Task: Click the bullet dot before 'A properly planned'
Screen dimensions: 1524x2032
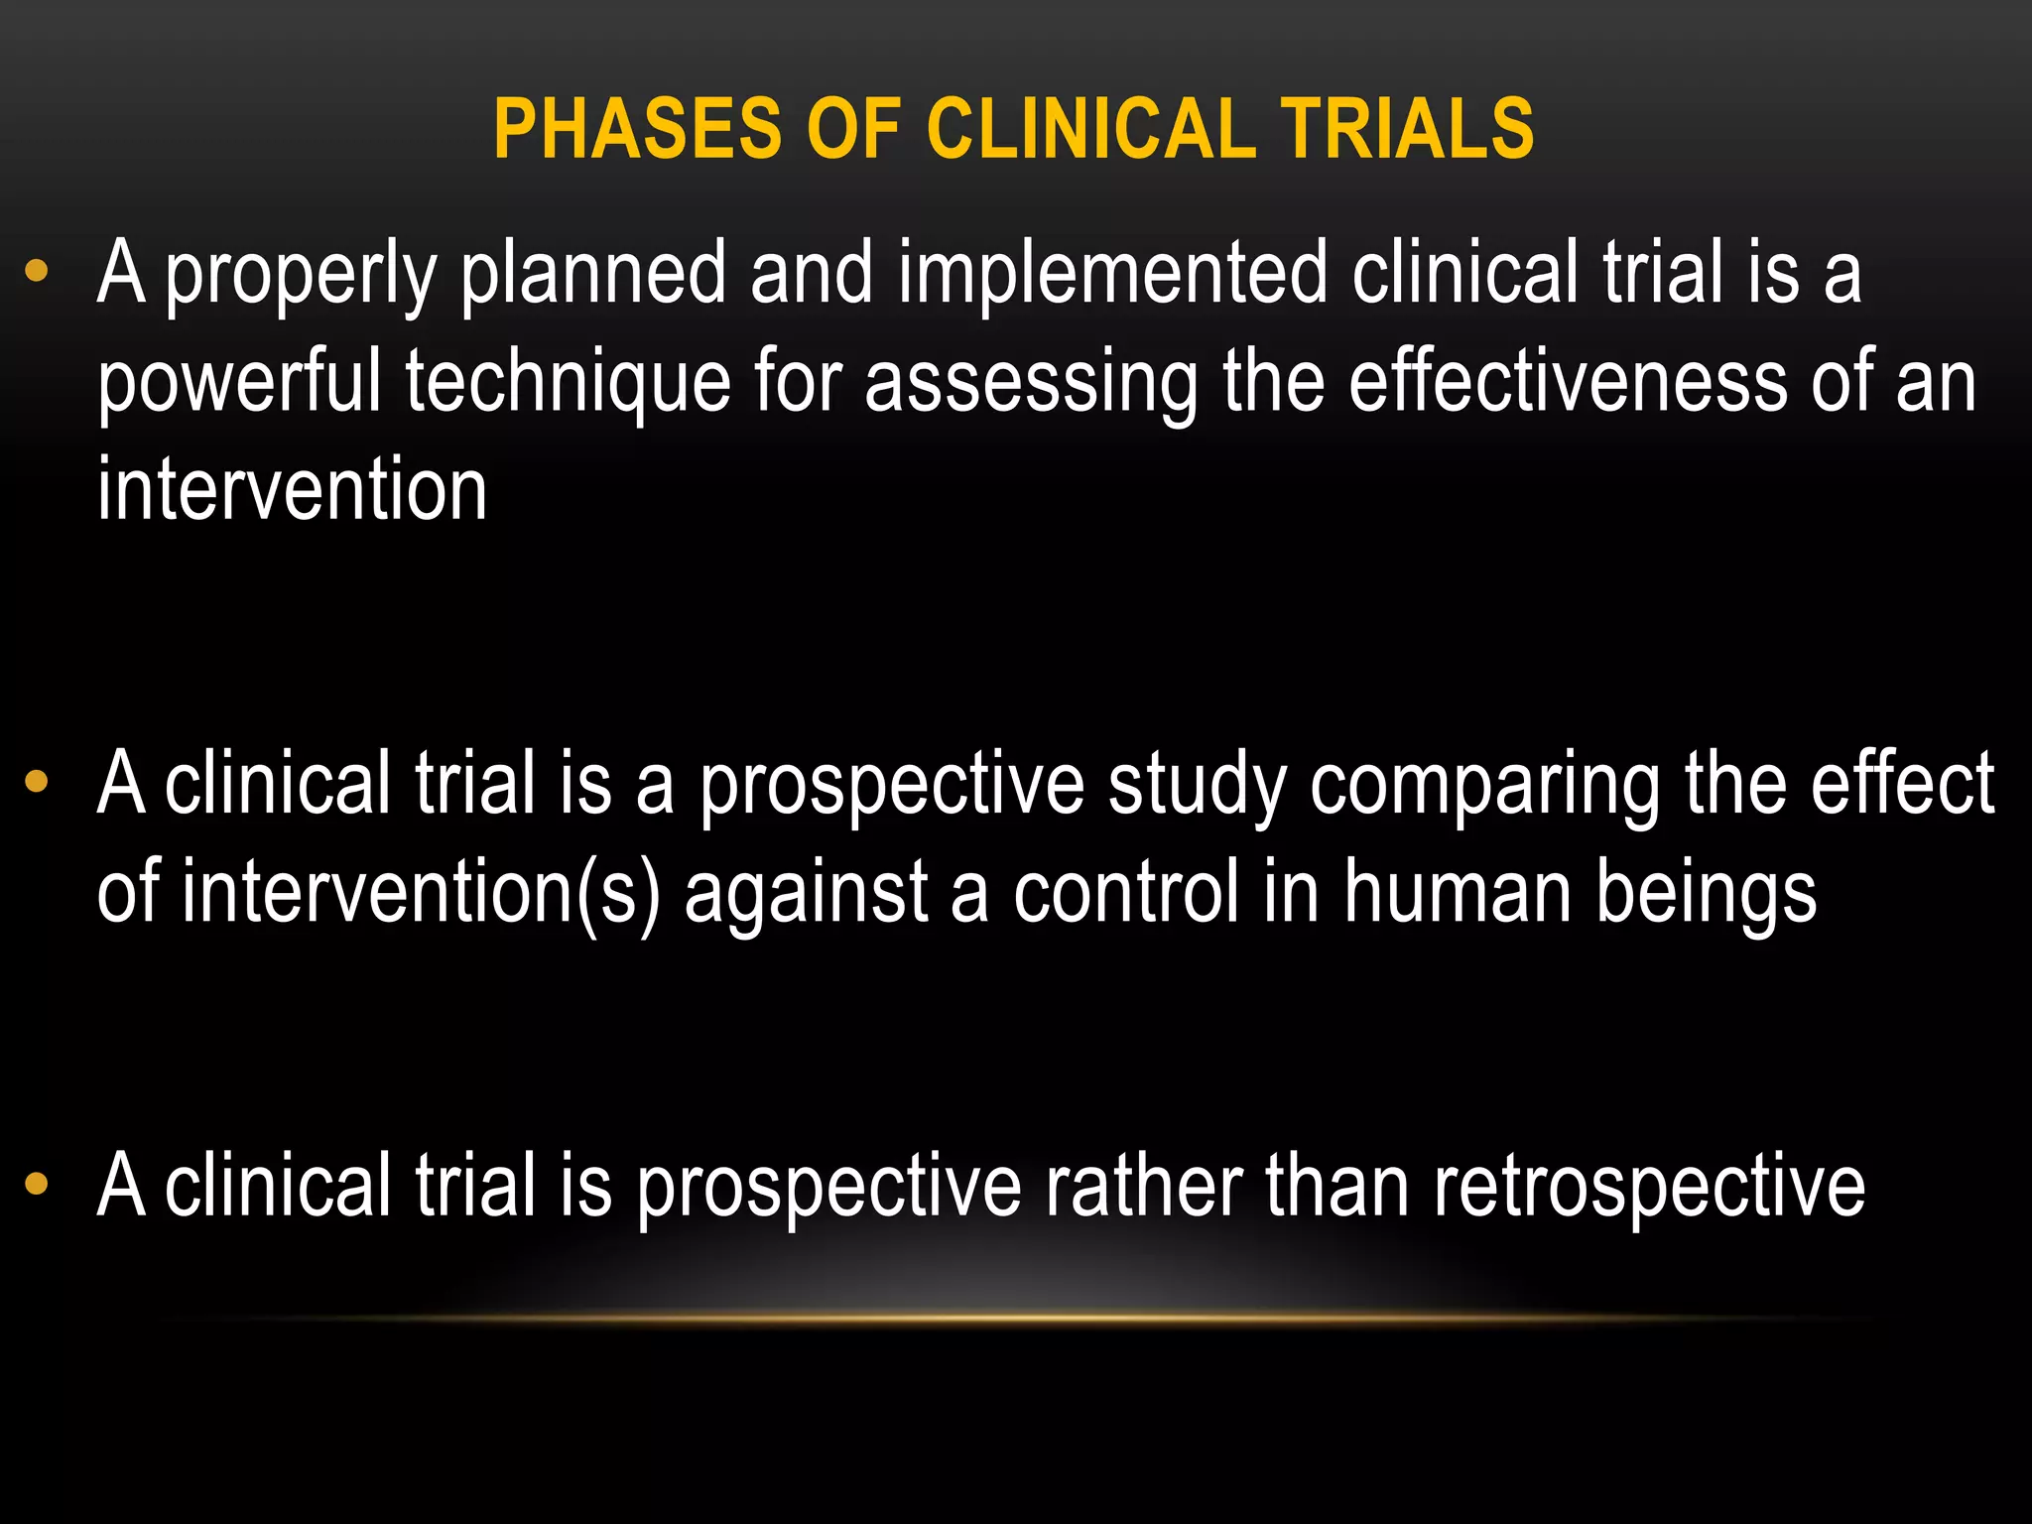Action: (x=37, y=270)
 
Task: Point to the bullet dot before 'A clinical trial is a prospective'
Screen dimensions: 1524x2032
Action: (x=37, y=782)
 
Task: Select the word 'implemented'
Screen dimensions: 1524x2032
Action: (x=1111, y=276)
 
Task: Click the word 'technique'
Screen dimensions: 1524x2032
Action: (x=568, y=385)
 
